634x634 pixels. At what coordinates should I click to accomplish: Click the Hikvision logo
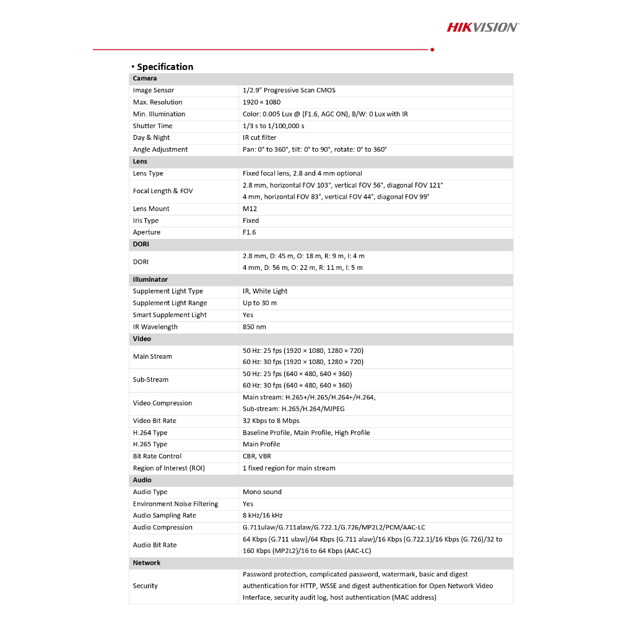coord(483,27)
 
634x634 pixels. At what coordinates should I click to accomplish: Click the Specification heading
coord(165,67)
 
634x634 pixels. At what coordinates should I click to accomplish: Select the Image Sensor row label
coord(154,90)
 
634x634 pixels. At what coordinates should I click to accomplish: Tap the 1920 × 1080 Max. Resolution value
coord(261,102)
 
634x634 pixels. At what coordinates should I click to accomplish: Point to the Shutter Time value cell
coord(273,126)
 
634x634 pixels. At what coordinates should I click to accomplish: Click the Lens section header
coord(141,162)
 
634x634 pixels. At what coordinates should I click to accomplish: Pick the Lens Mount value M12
coord(250,209)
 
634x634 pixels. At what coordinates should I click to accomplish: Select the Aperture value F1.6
coord(249,232)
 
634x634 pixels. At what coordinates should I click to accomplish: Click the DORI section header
coord(141,244)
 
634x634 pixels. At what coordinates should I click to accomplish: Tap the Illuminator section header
coord(150,279)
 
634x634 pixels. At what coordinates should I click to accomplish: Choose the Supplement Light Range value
coord(259,303)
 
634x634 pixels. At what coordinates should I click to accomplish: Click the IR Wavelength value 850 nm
coord(254,327)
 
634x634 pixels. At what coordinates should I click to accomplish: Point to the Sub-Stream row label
coord(150,380)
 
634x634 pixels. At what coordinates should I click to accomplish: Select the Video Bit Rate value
coord(271,421)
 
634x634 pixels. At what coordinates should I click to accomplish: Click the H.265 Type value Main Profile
coord(261,445)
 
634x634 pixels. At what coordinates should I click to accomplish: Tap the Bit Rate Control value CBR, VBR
coord(256,456)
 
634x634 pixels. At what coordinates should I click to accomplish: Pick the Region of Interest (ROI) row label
coord(168,468)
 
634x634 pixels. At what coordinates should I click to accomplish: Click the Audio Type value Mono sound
coord(262,492)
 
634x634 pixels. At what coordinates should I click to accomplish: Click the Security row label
coord(145,586)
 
